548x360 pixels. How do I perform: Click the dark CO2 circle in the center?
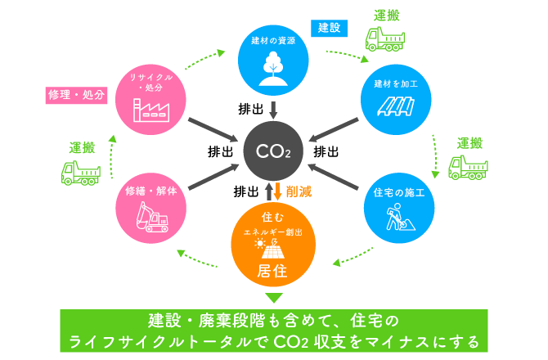(273, 151)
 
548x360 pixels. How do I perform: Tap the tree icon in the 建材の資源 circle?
(273, 69)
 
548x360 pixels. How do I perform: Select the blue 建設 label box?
(329, 28)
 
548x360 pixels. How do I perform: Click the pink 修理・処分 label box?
(76, 95)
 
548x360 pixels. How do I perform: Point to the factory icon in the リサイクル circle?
(151, 110)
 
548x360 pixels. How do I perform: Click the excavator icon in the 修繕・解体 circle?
(152, 217)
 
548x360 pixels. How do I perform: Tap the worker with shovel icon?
(400, 217)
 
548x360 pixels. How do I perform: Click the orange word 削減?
(299, 191)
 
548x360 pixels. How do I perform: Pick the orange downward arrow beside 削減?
(278, 191)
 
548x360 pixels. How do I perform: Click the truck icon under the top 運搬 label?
(385, 39)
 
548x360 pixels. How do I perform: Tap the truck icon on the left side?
(81, 173)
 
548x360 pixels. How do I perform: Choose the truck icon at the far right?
(468, 168)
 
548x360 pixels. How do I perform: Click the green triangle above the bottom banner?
(274, 298)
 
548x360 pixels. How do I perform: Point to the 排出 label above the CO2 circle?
(250, 109)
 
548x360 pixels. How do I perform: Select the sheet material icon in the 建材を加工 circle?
(396, 106)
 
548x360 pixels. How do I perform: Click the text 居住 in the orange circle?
(272, 271)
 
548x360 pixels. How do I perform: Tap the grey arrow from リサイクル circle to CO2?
(213, 130)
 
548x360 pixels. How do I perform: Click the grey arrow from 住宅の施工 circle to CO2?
(334, 177)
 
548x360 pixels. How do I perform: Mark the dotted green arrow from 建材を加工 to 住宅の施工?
(435, 156)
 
